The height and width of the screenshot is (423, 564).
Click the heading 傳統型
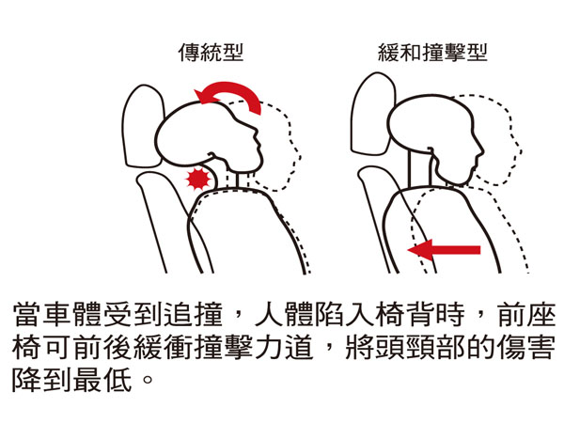tap(211, 53)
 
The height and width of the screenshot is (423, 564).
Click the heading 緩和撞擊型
tap(432, 53)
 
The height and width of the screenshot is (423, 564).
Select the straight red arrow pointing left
tap(444, 250)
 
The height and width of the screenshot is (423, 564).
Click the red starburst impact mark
tap(197, 179)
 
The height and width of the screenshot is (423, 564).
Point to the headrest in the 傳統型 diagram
tap(143, 126)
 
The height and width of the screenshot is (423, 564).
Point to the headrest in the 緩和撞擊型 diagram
tap(373, 114)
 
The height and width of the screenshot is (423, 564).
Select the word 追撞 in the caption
tap(194, 314)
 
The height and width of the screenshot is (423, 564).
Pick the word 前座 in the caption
tap(525, 314)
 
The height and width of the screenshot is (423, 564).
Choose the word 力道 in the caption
tap(284, 347)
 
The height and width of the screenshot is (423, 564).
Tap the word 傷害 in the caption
tap(525, 347)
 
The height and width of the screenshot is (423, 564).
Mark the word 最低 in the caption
tap(102, 380)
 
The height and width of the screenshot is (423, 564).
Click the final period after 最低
tap(148, 379)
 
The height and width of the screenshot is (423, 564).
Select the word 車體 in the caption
tap(72, 314)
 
